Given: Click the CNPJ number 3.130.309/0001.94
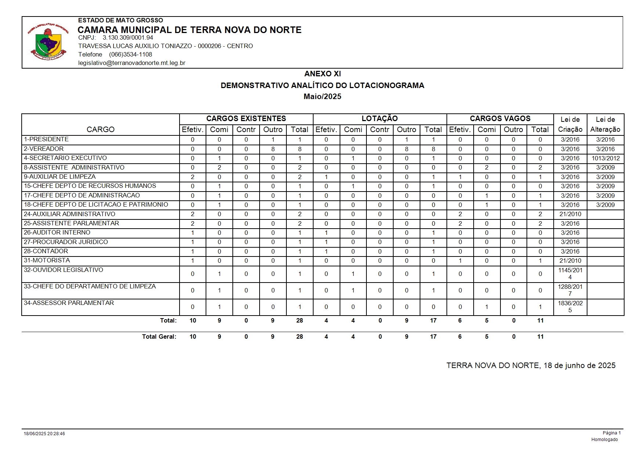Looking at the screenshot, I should tap(128, 37).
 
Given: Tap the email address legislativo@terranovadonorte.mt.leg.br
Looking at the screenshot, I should tap(131, 63).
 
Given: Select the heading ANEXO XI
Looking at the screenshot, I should tap(322, 74).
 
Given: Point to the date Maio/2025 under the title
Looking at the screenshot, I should tap(322, 97).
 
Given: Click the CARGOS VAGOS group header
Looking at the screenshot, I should tap(500, 119).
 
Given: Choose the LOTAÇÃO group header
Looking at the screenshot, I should tap(380, 119).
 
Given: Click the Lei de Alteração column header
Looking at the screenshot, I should tap(605, 124).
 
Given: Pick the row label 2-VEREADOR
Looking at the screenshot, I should tap(44, 149).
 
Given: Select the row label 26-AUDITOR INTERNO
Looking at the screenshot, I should tap(57, 232).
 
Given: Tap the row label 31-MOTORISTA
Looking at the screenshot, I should tap(47, 260).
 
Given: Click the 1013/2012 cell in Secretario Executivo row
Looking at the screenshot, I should tap(605, 158).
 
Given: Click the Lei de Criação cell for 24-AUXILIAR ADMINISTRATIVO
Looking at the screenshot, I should tap(570, 214).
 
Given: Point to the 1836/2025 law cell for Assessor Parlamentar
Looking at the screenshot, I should tap(570, 307).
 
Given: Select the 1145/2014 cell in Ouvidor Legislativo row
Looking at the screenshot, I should tap(570, 274).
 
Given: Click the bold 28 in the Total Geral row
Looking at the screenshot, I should tap(300, 336).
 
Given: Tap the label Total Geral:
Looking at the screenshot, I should tap(159, 336).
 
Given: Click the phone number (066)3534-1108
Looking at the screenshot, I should tap(130, 54).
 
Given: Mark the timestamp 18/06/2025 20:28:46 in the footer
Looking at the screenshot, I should tap(44, 434).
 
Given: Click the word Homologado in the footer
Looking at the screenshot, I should tap(604, 440).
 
